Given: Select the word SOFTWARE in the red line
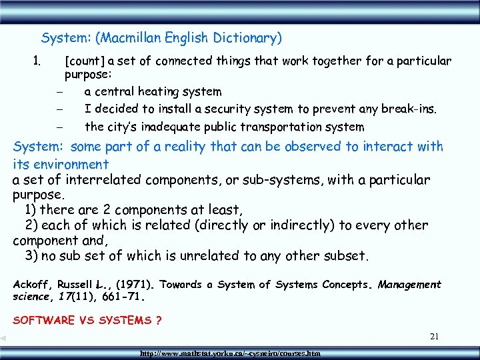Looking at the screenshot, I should (x=43, y=320).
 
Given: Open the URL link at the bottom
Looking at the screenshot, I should (x=227, y=353).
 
